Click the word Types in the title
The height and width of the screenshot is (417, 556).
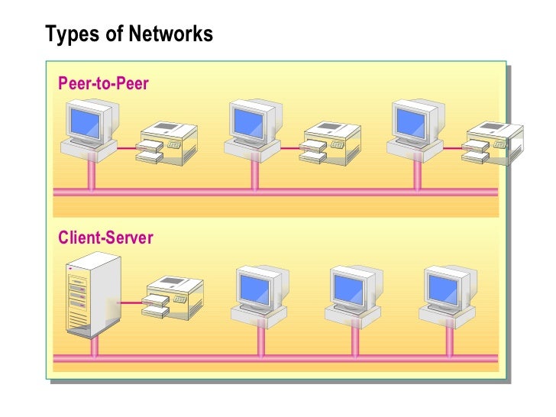(67, 34)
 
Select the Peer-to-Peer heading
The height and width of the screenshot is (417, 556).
(103, 83)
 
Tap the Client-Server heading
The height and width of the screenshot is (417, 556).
(105, 238)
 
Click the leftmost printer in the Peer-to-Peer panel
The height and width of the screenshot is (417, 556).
(168, 143)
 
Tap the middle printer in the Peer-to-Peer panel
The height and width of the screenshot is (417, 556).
(330, 143)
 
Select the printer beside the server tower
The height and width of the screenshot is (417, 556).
(174, 298)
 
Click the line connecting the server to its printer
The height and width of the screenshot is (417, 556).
(132, 302)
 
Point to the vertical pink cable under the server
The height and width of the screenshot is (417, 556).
(94, 348)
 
